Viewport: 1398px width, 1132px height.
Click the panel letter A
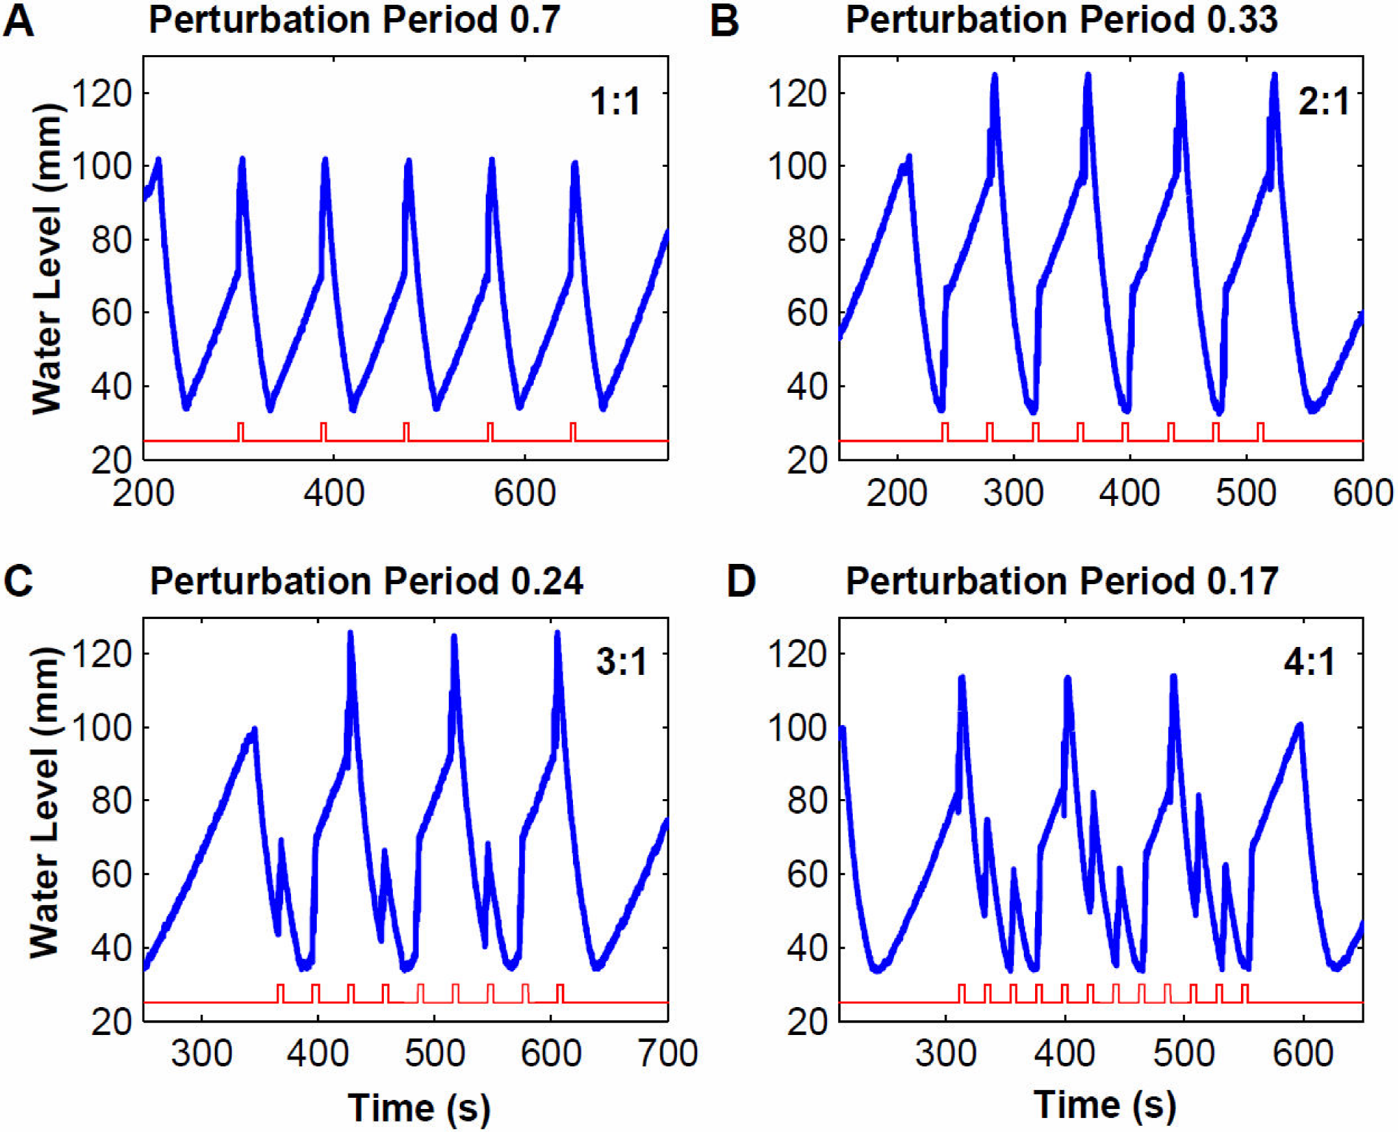19,22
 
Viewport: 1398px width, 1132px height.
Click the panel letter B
724,22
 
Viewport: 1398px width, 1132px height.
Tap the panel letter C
19,581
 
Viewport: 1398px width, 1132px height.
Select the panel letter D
741,581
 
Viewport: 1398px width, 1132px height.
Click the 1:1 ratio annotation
615,102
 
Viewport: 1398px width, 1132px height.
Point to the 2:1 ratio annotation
1323,102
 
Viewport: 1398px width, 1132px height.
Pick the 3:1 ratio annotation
621,662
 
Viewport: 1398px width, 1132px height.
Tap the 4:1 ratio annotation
1309,662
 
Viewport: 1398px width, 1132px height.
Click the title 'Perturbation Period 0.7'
354,20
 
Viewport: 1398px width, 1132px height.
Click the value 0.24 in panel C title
546,581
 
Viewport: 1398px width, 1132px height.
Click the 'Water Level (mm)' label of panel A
47,258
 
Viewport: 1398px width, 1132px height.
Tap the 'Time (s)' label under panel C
419,1108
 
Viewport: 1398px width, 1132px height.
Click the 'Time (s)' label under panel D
1105,1105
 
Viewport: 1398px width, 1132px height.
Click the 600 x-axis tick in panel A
524,493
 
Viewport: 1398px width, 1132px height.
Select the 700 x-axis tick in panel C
668,1053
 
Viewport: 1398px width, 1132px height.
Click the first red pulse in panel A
241,432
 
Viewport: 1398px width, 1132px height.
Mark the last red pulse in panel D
1244,993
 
